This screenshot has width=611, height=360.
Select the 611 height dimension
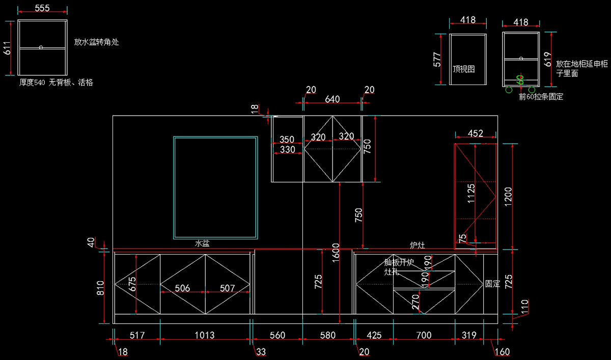tap(7, 48)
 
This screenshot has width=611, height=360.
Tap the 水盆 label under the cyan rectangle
tap(202, 244)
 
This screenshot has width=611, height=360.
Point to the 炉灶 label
tap(418, 245)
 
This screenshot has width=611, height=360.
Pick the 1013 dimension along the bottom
tap(205, 335)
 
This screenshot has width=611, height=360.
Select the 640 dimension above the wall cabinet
tap(332, 99)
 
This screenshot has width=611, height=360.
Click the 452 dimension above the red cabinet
tap(475, 134)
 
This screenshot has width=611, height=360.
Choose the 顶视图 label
tap(463, 69)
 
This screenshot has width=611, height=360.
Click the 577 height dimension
tap(437, 59)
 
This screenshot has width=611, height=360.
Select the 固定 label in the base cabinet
tap(492, 284)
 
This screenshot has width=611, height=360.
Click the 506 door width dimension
tap(182, 288)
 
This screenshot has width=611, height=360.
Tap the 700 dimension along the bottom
tap(424, 335)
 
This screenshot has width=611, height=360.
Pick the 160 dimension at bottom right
tap(502, 351)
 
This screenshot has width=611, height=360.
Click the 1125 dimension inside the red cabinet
tap(471, 194)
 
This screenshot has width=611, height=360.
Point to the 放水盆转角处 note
tap(96, 42)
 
